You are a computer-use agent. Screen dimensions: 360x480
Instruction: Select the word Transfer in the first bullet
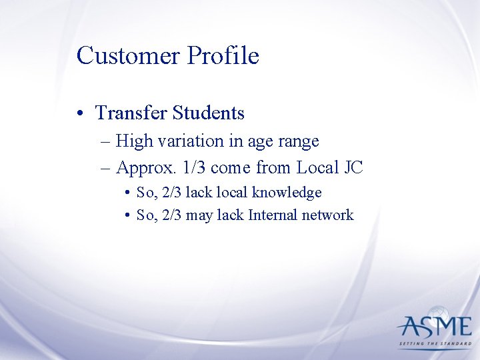[131, 113]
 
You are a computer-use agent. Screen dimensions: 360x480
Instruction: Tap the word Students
[208, 113]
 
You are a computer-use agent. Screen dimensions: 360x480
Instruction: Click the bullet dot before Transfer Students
[80, 114]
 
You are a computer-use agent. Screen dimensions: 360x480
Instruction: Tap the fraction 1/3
[193, 167]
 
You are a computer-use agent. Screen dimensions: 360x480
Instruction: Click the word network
[328, 215]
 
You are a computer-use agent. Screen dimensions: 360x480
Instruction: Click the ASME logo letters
[434, 326]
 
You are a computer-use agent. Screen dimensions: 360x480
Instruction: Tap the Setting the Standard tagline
[434, 345]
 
